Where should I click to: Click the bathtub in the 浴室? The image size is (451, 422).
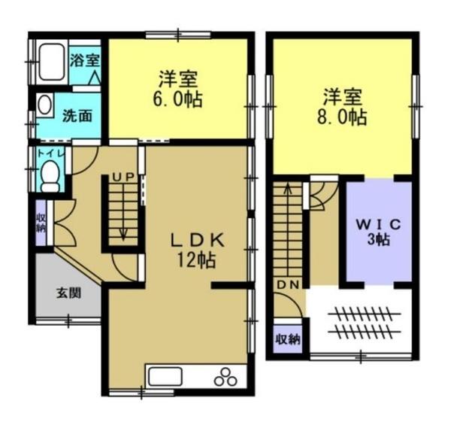coord(51,62)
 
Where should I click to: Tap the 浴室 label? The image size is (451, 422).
coord(85,60)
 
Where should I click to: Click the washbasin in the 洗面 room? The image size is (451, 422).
coord(44,105)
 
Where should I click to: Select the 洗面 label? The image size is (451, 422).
coord(77,116)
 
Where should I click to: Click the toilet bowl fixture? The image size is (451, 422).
coord(51,176)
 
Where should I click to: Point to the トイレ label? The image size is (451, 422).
coord(50,153)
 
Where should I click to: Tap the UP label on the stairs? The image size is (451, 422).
coord(123,177)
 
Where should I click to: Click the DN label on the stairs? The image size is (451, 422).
coord(288,285)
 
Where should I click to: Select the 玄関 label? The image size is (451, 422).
coord(68,293)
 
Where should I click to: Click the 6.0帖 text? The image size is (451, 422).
coord(177,100)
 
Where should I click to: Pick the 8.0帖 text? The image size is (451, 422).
coord(342,117)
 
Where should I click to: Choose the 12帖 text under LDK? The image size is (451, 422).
coord(196,260)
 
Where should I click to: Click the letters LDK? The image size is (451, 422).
coord(197,240)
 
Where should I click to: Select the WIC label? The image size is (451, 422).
coord(379,224)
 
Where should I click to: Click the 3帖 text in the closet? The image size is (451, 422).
coord(379,239)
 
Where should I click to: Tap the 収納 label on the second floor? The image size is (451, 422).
coord(288,340)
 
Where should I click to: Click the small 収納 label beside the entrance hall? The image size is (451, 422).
coord(41,223)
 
